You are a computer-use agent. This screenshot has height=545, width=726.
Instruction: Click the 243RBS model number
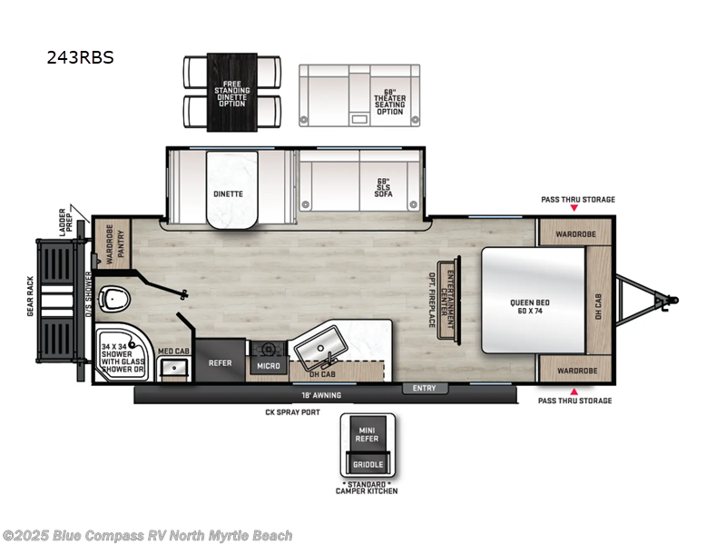click(81, 58)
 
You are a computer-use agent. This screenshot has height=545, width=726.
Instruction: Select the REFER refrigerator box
click(221, 361)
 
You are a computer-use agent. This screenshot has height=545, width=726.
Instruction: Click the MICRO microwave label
click(270, 365)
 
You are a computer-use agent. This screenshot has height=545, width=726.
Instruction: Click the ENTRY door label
click(424, 389)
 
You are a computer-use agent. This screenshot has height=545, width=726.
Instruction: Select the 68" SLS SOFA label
click(383, 186)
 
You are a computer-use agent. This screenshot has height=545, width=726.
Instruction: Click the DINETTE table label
click(228, 193)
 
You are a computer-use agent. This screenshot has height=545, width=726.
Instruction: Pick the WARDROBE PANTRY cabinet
click(113, 244)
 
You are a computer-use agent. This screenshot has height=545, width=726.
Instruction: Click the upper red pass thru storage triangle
click(574, 209)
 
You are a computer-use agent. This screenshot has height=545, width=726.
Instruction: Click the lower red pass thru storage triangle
click(574, 391)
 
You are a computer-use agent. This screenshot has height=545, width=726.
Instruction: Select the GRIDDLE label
click(368, 465)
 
